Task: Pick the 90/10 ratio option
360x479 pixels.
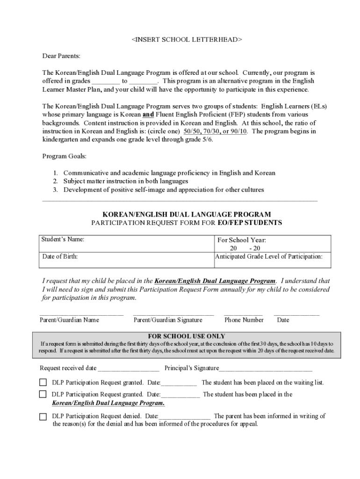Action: [240, 131]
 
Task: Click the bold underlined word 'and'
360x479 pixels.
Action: [148, 114]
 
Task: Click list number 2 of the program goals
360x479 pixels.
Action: [55, 181]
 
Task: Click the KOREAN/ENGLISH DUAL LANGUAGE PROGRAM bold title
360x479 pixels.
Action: [187, 214]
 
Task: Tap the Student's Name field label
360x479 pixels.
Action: [63, 239]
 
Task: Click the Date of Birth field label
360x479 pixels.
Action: [60, 257]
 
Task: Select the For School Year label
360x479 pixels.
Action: [242, 240]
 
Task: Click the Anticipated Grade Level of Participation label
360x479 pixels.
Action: [268, 257]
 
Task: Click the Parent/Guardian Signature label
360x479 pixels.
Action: [168, 320]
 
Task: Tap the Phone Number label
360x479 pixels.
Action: [244, 320]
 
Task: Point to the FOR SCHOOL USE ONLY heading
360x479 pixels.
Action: [187, 336]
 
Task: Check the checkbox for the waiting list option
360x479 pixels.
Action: [43, 383]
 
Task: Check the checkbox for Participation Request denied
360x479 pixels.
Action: [43, 416]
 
